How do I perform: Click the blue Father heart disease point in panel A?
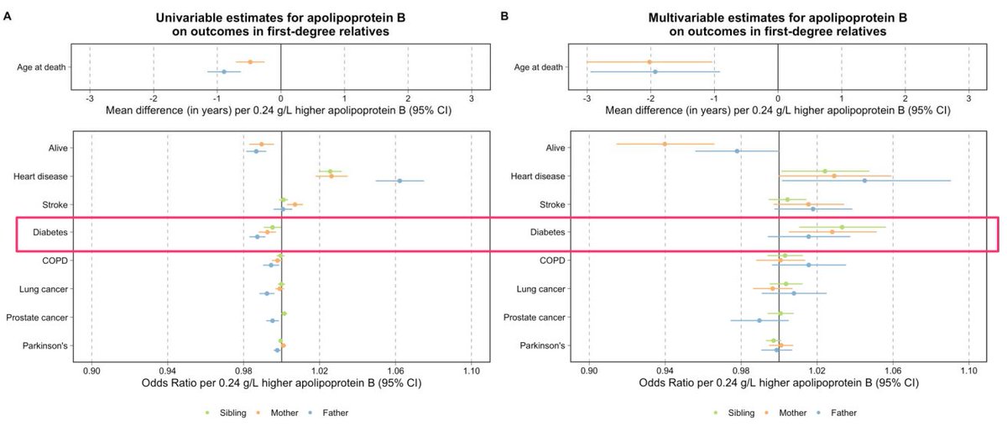click(399, 181)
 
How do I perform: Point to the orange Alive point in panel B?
click(665, 144)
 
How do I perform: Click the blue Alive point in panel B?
click(738, 151)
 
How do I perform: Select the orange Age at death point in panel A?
click(250, 61)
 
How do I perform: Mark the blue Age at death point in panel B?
click(655, 71)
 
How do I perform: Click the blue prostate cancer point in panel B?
click(759, 320)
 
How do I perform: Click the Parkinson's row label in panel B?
click(540, 345)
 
